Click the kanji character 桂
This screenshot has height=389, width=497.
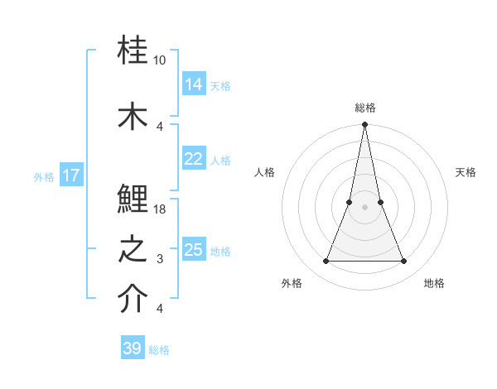[133, 53]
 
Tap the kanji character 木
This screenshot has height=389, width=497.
[133, 115]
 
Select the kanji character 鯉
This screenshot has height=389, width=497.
[133, 199]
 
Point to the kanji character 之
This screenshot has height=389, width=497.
[133, 249]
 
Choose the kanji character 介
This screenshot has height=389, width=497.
[133, 300]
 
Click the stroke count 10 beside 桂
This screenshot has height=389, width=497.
[160, 61]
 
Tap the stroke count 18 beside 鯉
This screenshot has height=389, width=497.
[160, 209]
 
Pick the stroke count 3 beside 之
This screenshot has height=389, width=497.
[160, 259]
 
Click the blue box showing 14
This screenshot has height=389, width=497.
[194, 84]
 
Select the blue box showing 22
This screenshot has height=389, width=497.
[194, 159]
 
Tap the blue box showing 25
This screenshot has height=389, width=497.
[194, 250]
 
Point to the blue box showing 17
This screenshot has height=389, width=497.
[71, 175]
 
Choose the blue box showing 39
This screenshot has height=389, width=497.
[133, 348]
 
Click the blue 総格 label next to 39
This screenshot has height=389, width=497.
[160, 350]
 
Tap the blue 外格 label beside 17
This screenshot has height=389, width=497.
[44, 176]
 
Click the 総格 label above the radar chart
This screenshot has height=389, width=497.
[365, 108]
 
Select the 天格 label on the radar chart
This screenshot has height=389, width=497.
[466, 172]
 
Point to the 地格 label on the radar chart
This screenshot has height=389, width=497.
[434, 283]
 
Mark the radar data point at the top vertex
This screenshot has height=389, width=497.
[364, 125]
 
